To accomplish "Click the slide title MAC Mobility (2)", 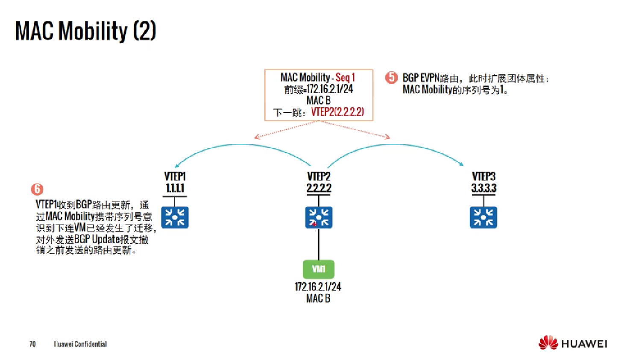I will click(x=85, y=31).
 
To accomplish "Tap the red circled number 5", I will click(x=391, y=78).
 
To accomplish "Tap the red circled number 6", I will click(x=37, y=189).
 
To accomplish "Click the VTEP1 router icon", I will click(x=175, y=217).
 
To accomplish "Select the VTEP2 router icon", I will click(x=319, y=217).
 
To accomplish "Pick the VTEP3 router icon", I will click(x=483, y=217).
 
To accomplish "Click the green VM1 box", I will click(x=319, y=269).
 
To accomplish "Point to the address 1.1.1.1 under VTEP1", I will click(x=175, y=188).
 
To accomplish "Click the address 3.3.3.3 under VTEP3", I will click(x=484, y=188).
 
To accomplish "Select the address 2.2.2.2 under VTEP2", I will click(x=319, y=188).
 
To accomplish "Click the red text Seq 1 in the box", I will click(x=345, y=77).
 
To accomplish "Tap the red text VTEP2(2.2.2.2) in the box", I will click(x=337, y=112).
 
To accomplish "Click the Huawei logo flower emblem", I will click(x=548, y=343).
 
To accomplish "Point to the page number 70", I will click(x=32, y=344).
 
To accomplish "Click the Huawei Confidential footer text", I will click(x=80, y=344).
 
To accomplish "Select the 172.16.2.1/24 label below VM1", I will click(x=318, y=287).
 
